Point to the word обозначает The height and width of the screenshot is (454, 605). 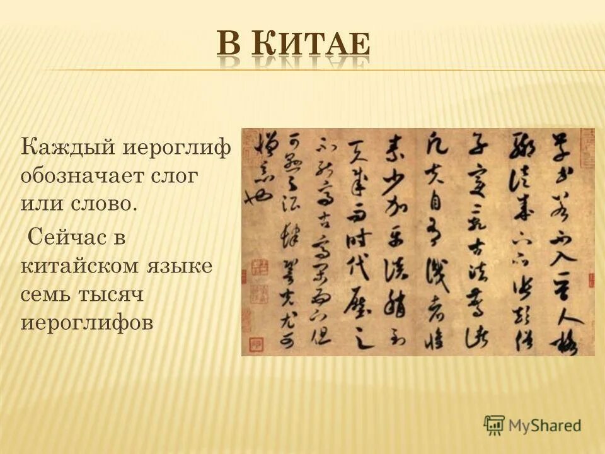(x=86, y=177)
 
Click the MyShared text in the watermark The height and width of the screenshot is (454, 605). (x=544, y=425)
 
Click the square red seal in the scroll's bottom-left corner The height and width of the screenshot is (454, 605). (x=256, y=344)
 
